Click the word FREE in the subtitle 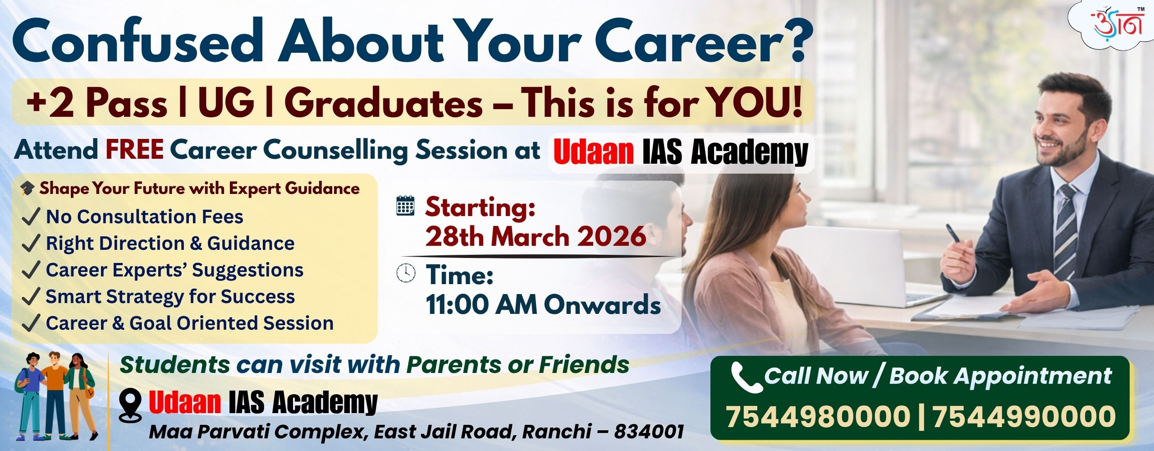point(134,150)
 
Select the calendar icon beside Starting point(405,206)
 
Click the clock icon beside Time point(406,273)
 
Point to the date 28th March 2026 point(536,236)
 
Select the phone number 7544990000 point(1024,416)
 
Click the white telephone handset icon point(746,377)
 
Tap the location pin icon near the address point(130,405)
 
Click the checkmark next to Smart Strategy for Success point(31,296)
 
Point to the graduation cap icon point(27,188)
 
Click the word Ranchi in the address point(556,432)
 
